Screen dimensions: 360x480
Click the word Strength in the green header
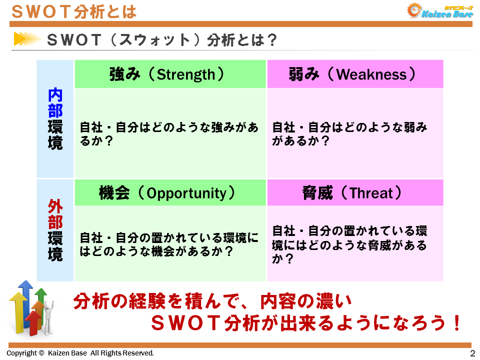pos(185,74)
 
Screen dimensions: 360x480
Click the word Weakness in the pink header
pos(371,74)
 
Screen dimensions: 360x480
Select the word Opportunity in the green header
pos(186,193)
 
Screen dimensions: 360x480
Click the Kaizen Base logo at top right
pos(440,11)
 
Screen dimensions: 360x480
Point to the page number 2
pos(472,353)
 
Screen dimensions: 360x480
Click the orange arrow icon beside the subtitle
pos(26,39)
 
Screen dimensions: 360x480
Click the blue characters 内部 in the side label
pos(55,102)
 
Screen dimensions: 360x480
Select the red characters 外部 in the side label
pos(55,214)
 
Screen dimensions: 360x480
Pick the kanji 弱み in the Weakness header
pos(303,74)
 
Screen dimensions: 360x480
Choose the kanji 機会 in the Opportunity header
pos(114,193)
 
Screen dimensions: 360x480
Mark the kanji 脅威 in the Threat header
pos(317,193)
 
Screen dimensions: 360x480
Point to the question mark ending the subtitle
pos(270,39)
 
